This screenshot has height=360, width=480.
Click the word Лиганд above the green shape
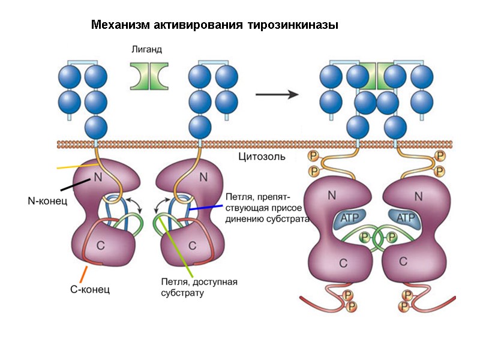click(146, 50)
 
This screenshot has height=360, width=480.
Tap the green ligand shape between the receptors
click(149, 76)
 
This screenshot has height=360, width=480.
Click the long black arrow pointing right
click(277, 94)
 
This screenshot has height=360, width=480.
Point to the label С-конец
click(90, 290)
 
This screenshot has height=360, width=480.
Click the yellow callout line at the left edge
click(77, 165)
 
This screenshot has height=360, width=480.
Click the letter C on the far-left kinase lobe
click(107, 245)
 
